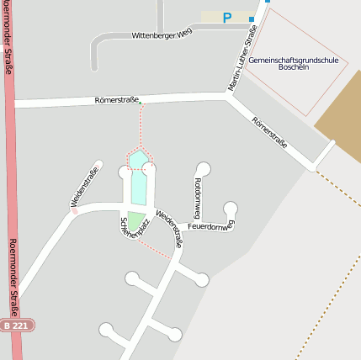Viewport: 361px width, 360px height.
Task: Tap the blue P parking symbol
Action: pyautogui.click(x=227, y=17)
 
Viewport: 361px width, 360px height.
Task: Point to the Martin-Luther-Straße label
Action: pyautogui.click(x=242, y=58)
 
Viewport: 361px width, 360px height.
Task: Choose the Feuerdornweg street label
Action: pyautogui.click(x=210, y=225)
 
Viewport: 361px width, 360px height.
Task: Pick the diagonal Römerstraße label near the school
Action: pyautogui.click(x=269, y=132)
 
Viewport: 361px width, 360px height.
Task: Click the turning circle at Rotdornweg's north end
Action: pyautogui.click(x=203, y=169)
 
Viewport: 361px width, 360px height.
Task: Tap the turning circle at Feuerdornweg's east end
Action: pyautogui.click(x=231, y=209)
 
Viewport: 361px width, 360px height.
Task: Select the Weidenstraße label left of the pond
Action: pyautogui.click(x=85, y=186)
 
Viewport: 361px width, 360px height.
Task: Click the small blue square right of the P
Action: pyautogui.click(x=267, y=1)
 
